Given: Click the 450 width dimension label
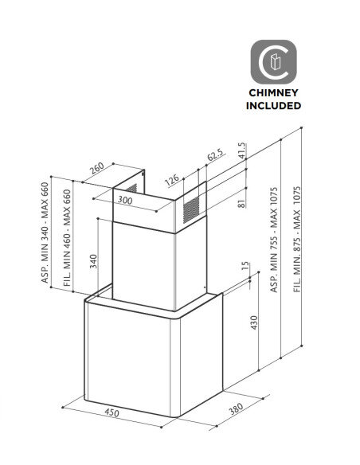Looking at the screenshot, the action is [x=112, y=412].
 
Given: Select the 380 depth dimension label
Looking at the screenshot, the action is [x=236, y=408].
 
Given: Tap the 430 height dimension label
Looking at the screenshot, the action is [x=254, y=322].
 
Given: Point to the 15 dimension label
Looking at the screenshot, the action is [x=246, y=266].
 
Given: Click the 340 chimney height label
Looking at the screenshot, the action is [x=93, y=261].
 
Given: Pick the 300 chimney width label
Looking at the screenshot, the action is [x=125, y=200].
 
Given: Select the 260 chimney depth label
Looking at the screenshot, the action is [x=97, y=168].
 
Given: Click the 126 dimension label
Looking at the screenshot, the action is [x=172, y=180].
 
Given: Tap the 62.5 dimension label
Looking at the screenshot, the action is [x=215, y=154].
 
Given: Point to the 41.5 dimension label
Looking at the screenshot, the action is [x=242, y=150].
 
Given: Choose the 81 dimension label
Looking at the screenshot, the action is [x=242, y=204].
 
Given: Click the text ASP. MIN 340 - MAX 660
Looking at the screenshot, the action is [x=45, y=232].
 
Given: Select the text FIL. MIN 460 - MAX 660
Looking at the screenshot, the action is [x=68, y=238].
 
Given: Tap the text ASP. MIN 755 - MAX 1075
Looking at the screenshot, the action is [x=274, y=240].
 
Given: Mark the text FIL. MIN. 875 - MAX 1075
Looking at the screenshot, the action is [x=297, y=240].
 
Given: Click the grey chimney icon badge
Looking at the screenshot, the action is [x=273, y=62].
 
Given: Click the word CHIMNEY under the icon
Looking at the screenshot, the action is [x=273, y=93].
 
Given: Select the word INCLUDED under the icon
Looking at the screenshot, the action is [x=273, y=106].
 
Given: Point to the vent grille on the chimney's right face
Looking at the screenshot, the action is [x=191, y=210].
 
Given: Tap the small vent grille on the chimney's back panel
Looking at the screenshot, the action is [x=131, y=189].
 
